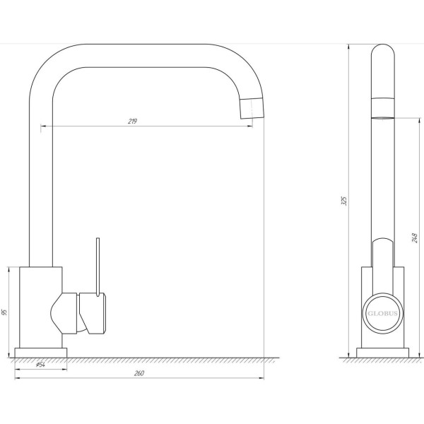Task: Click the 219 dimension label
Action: coord(133,121)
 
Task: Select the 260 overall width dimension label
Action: coord(139,373)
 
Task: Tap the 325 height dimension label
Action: coord(344,201)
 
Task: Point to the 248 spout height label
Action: coord(415,237)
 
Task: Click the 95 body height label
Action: coord(4,312)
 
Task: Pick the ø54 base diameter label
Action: coord(40,365)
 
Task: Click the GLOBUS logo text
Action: coord(382,313)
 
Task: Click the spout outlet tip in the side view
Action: coord(383,117)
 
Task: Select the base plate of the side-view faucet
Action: coord(382,353)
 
